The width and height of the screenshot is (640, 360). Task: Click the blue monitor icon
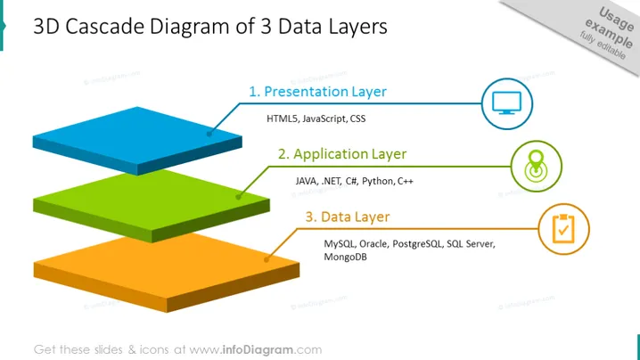pyautogui.click(x=506, y=102)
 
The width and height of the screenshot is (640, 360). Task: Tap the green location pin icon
pyautogui.click(x=536, y=166)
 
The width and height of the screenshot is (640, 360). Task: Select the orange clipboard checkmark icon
pyautogui.click(x=563, y=229)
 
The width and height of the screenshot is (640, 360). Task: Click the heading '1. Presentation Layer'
pyautogui.click(x=317, y=92)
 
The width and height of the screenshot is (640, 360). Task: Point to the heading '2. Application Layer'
pyautogui.click(x=342, y=154)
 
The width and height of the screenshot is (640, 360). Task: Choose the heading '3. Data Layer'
pyautogui.click(x=348, y=217)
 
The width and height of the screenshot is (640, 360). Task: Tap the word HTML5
pyautogui.click(x=282, y=119)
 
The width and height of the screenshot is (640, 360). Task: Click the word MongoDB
pyautogui.click(x=345, y=257)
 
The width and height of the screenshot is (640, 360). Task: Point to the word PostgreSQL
pyautogui.click(x=417, y=243)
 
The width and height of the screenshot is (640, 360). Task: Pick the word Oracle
pyautogui.click(x=373, y=243)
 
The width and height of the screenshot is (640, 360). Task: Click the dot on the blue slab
pyautogui.click(x=209, y=134)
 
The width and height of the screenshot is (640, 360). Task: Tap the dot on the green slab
pyautogui.click(x=238, y=197)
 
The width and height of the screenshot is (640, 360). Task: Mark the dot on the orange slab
pyautogui.click(x=267, y=259)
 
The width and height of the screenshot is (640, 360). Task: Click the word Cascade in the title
pyautogui.click(x=105, y=27)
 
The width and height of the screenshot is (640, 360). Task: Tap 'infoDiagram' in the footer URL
pyautogui.click(x=258, y=350)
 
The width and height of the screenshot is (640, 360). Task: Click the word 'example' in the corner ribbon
pyautogui.click(x=609, y=33)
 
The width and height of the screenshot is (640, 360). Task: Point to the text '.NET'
pyautogui.click(x=332, y=181)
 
